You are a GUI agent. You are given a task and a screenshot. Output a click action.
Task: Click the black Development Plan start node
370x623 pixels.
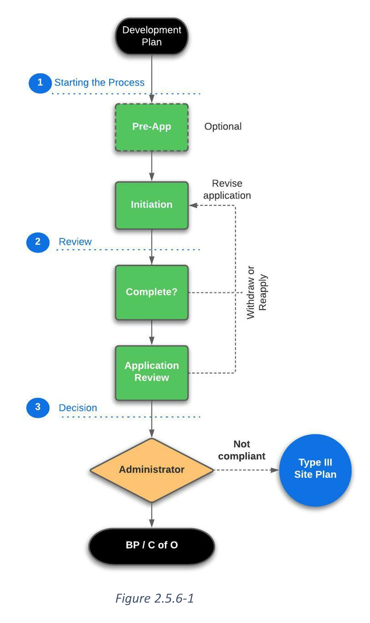point(152,36)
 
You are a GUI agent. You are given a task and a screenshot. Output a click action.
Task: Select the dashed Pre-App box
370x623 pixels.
point(152,127)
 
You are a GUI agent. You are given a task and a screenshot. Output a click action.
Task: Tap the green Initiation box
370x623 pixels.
point(152,205)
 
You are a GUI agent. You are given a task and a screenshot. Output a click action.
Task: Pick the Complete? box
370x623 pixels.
point(152,292)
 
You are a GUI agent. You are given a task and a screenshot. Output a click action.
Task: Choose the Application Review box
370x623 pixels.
point(152,372)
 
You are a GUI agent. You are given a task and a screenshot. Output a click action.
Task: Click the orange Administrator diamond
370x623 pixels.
point(152,470)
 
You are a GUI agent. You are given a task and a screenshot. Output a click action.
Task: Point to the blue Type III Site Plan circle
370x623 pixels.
point(315,470)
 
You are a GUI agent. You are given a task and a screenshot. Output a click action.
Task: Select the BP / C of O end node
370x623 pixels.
point(152,546)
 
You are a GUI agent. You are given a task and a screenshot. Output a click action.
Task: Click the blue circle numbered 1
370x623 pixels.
point(40,83)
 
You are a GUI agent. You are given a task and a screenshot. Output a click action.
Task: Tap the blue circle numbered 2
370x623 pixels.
point(38,242)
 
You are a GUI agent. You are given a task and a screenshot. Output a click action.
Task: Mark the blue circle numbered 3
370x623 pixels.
point(38,407)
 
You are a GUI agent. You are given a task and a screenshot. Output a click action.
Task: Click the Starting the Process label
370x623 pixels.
point(99,83)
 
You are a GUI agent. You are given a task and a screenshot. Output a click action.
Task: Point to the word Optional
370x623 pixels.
point(223,127)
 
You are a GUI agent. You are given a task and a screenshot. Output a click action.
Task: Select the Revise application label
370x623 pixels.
point(227,189)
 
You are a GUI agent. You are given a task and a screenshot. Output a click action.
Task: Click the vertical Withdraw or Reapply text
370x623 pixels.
point(257,292)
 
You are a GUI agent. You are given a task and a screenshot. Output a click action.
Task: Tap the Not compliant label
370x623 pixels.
point(242,450)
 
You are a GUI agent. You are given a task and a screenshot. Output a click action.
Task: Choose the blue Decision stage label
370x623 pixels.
point(78,408)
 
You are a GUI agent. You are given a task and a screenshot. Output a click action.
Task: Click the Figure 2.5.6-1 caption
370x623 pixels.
point(155,598)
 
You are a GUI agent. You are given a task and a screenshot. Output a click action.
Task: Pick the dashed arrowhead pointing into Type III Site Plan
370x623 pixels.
point(275,470)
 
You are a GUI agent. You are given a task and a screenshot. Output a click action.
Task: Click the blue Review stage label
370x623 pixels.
point(75,242)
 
